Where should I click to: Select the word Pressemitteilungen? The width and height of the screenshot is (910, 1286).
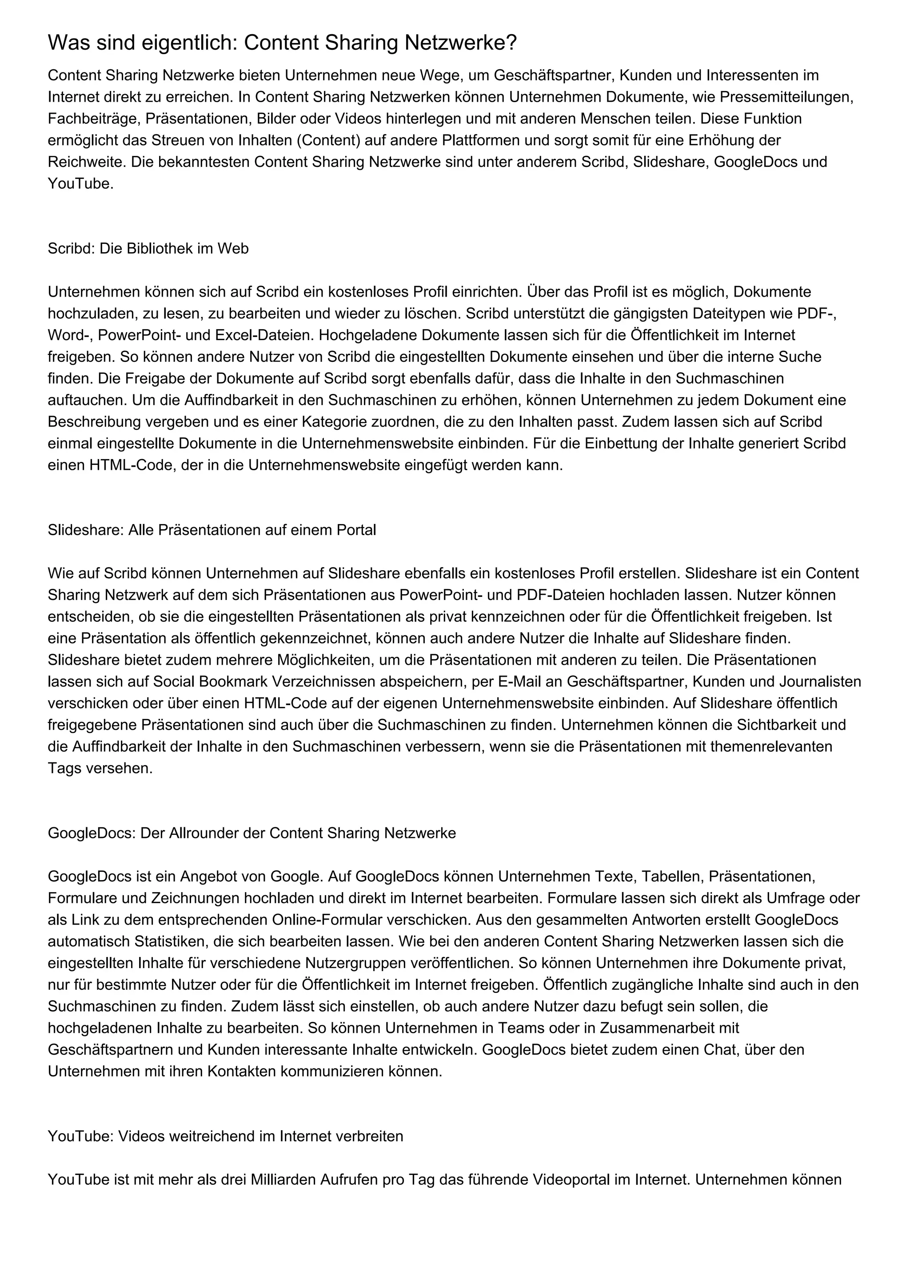tap(786, 97)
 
